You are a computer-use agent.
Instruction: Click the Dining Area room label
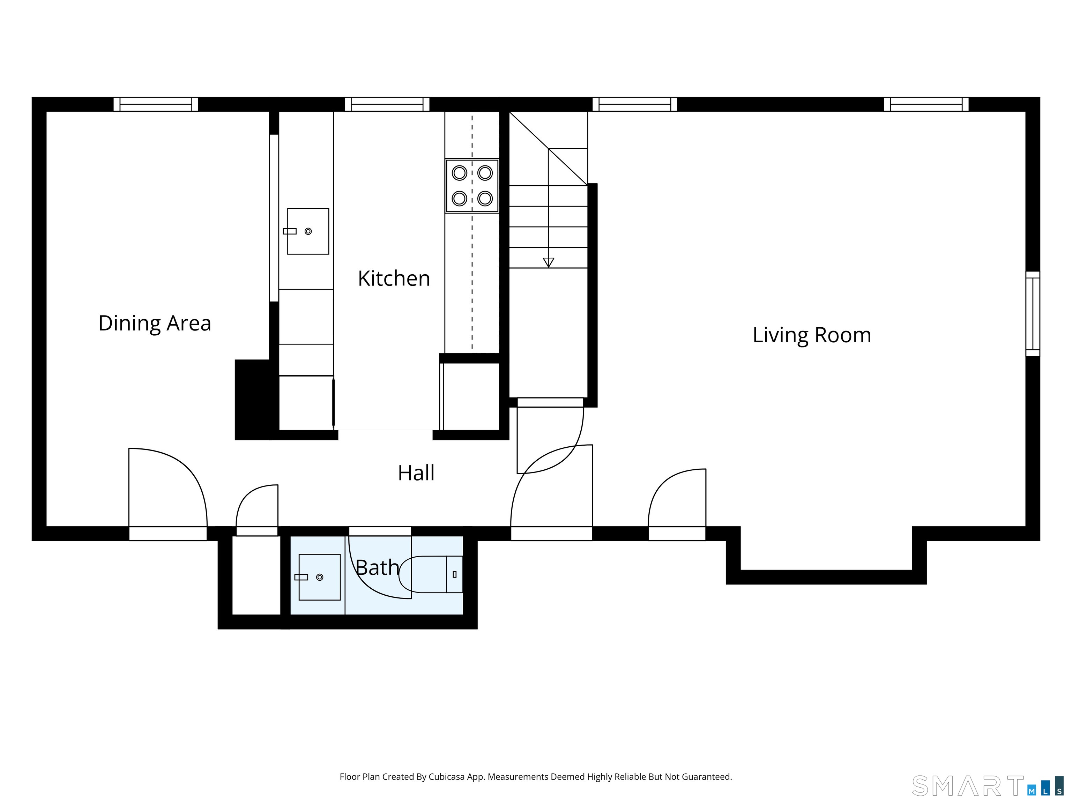tap(155, 323)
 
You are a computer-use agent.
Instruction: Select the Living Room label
tap(812, 335)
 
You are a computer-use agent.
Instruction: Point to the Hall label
tap(416, 473)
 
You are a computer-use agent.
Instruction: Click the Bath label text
tap(377, 567)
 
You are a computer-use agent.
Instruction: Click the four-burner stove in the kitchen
tap(472, 186)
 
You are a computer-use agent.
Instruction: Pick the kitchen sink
tap(308, 231)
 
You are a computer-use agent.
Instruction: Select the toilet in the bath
tap(430, 574)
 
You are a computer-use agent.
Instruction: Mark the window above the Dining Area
tap(156, 104)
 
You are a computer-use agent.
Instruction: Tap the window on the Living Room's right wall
tap(1033, 314)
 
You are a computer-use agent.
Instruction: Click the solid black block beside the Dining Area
tap(253, 400)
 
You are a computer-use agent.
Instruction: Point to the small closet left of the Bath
tap(256, 575)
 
